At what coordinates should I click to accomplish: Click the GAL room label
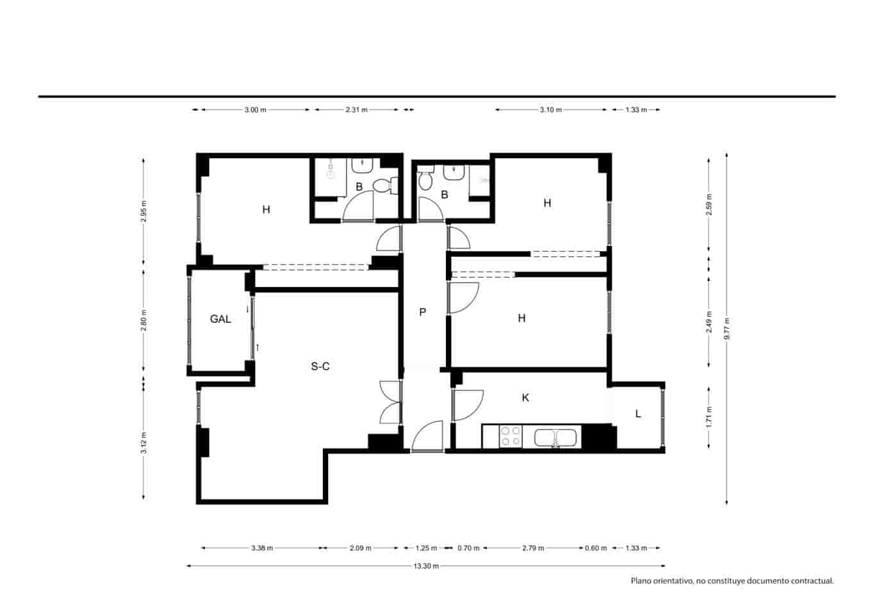pyautogui.click(x=220, y=319)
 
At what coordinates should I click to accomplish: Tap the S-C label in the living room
pyautogui.click(x=320, y=366)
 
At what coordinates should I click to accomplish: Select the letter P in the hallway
pyautogui.click(x=422, y=312)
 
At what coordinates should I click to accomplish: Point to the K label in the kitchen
pyautogui.click(x=525, y=398)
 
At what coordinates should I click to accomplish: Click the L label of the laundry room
pyautogui.click(x=638, y=414)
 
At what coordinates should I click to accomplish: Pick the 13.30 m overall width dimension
pyautogui.click(x=426, y=566)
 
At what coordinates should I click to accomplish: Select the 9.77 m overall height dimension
pyautogui.click(x=726, y=329)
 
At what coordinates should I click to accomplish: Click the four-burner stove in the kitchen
pyautogui.click(x=511, y=436)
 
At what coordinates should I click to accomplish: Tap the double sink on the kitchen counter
pyautogui.click(x=556, y=438)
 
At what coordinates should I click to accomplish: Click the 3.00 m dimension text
pyautogui.click(x=255, y=110)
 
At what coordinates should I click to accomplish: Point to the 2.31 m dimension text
pyautogui.click(x=356, y=110)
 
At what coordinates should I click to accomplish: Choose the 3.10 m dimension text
pyautogui.click(x=550, y=110)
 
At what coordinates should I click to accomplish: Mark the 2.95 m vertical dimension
pyautogui.click(x=144, y=211)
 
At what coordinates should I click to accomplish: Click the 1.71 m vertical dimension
pyautogui.click(x=709, y=418)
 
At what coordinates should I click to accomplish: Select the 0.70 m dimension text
pyautogui.click(x=468, y=548)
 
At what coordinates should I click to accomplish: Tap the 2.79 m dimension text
pyautogui.click(x=533, y=548)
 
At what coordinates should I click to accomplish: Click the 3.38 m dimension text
pyautogui.click(x=262, y=548)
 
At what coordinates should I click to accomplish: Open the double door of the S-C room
pyautogui.click(x=391, y=402)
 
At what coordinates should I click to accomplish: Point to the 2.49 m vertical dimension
pyautogui.click(x=709, y=322)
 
